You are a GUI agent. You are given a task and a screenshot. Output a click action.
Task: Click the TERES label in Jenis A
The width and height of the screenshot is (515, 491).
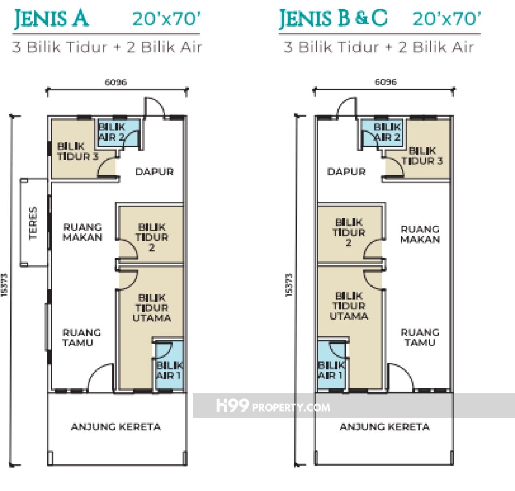pyautogui.click(x=33, y=223)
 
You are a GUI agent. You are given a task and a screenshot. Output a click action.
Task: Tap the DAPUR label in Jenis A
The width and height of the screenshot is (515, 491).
pyautogui.click(x=154, y=172)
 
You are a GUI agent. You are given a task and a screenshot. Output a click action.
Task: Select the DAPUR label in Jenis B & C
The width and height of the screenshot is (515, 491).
pyautogui.click(x=346, y=172)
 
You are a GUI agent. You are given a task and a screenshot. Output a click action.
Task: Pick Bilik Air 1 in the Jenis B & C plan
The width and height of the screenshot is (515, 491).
pyautogui.click(x=331, y=370)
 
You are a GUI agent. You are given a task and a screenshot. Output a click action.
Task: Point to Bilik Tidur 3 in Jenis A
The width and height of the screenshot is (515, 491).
pyautogui.click(x=78, y=151)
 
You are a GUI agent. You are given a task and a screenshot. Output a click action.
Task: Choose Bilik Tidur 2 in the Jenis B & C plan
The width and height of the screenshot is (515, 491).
pyautogui.click(x=349, y=232)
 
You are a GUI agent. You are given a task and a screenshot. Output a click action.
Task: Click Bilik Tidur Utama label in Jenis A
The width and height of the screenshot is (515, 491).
pyautogui.click(x=152, y=308)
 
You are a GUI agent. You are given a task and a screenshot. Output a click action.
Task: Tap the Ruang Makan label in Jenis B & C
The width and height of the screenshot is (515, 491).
pyautogui.click(x=420, y=234)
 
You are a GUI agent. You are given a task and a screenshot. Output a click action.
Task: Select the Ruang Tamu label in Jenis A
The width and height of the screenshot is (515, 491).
pyautogui.click(x=82, y=337)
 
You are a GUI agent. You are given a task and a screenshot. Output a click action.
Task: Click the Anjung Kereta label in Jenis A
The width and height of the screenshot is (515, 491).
pyautogui.click(x=116, y=427)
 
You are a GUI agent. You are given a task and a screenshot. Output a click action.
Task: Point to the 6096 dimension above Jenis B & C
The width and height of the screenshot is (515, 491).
pyautogui.click(x=385, y=82)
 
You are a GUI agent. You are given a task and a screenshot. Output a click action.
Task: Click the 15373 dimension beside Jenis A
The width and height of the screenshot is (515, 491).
pyautogui.click(x=4, y=285)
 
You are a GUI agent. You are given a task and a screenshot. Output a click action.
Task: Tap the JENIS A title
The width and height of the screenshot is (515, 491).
pyautogui.click(x=51, y=18)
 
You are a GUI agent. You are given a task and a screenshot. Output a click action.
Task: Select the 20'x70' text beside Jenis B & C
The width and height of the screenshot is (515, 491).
pyautogui.click(x=446, y=18)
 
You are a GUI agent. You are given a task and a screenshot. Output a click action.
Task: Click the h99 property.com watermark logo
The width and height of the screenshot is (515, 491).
pyautogui.click(x=273, y=406)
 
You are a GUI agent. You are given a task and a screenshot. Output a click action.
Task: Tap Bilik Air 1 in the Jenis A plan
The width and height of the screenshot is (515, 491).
pyautogui.click(x=169, y=370)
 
